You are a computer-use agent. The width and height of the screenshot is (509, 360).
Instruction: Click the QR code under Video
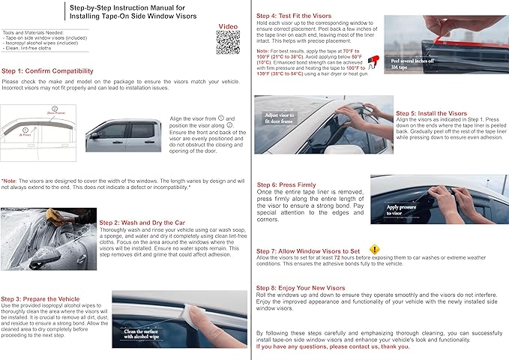229,43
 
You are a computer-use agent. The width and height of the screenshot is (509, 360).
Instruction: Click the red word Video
228,25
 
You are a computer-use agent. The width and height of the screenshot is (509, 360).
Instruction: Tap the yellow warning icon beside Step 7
375,249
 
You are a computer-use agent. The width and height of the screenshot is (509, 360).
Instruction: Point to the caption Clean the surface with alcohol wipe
139,334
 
